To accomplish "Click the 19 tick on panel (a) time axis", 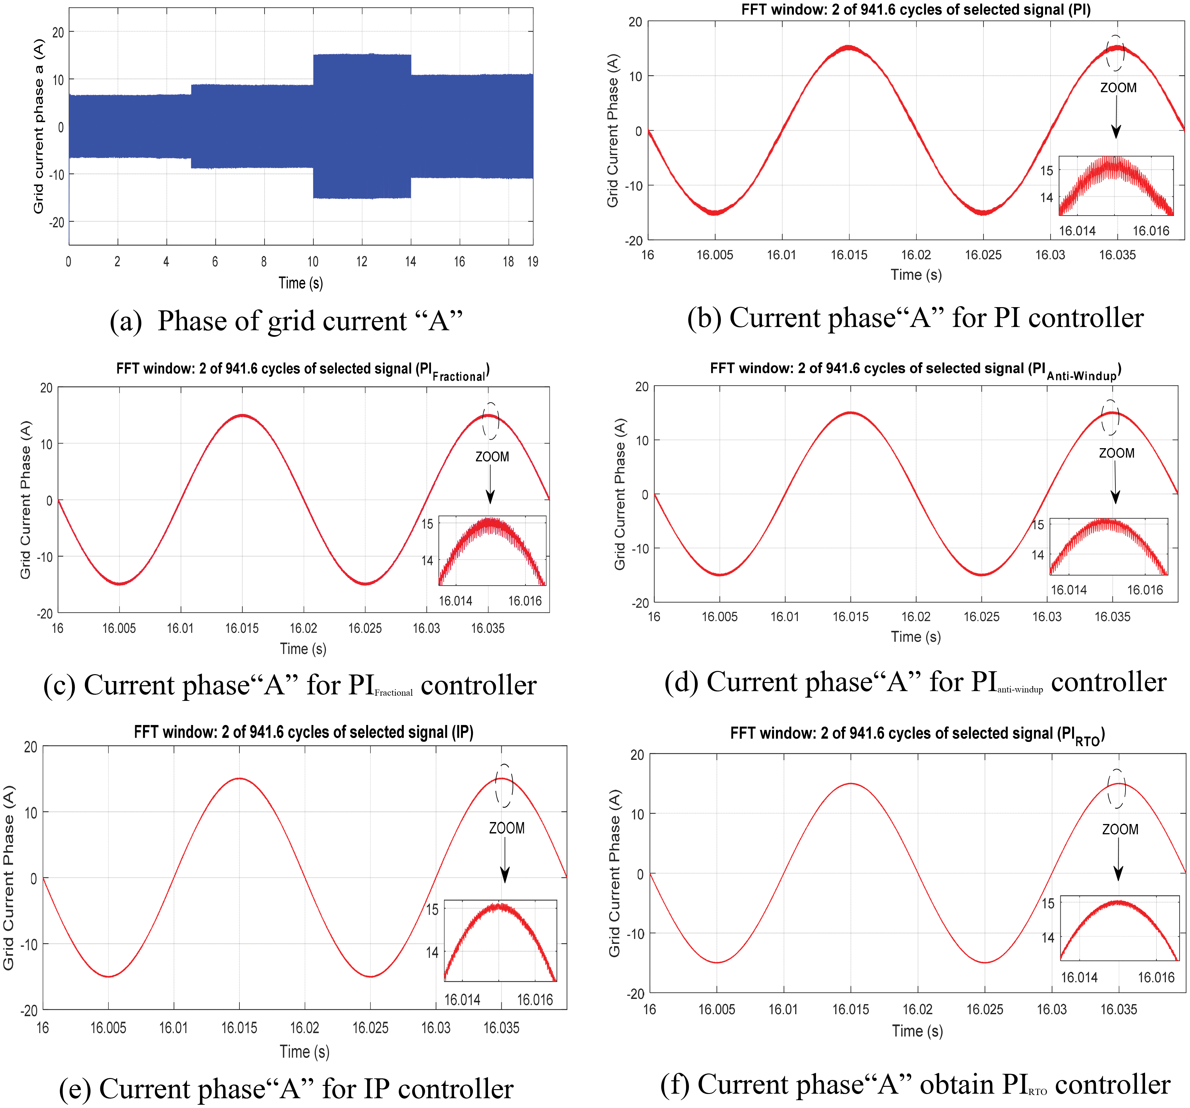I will tap(532, 262).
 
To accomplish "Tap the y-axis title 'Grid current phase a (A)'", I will tap(39, 126).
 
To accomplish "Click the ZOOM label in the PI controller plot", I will tap(1118, 87).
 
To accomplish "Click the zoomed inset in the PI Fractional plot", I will tap(492, 551).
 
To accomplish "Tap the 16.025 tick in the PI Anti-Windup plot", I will tap(981, 617).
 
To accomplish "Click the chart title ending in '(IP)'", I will tap(304, 732).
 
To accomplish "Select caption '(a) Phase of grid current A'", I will tap(286, 321).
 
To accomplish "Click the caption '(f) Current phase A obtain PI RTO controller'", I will tap(915, 1085).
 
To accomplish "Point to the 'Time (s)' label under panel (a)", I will tap(300, 283).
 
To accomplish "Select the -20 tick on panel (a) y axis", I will tap(57, 222).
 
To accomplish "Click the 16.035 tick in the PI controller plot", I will tap(1117, 255).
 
